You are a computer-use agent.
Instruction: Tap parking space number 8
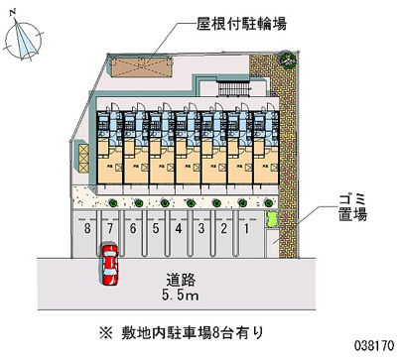point(88,229)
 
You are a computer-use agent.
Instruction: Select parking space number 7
point(110,229)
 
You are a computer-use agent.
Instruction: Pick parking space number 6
point(133,229)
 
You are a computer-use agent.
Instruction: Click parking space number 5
point(156,229)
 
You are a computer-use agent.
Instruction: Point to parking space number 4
point(179,229)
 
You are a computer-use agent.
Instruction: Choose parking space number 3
point(200,229)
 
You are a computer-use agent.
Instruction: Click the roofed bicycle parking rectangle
point(138,64)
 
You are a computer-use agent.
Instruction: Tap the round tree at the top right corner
point(287,58)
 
